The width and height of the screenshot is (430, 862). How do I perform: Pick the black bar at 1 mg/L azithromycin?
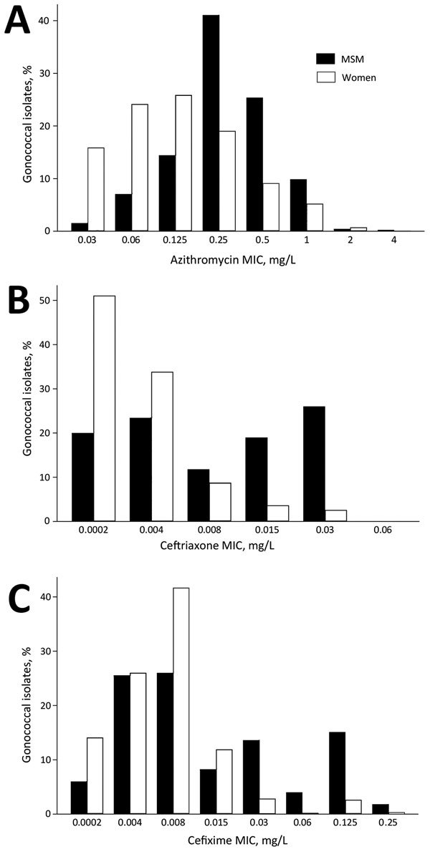[x=298, y=205]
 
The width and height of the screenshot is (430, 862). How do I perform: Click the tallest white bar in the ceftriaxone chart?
[x=105, y=408]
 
